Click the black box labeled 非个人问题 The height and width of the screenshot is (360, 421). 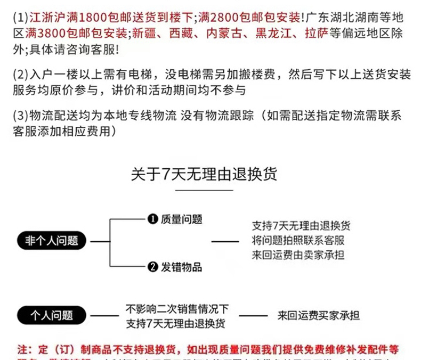51,241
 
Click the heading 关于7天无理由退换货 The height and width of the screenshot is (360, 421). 204,174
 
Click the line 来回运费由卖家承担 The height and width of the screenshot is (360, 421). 298,255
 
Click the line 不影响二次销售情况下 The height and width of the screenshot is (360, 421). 177,309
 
